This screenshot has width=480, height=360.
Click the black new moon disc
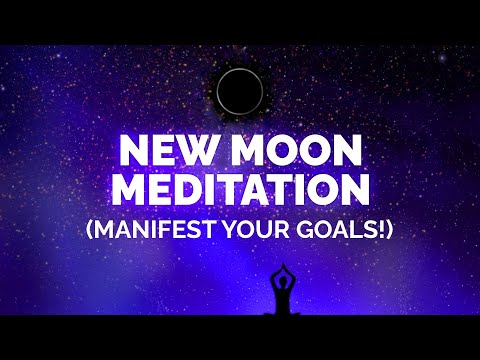(x=240, y=92)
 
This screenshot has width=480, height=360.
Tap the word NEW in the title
(x=165, y=153)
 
